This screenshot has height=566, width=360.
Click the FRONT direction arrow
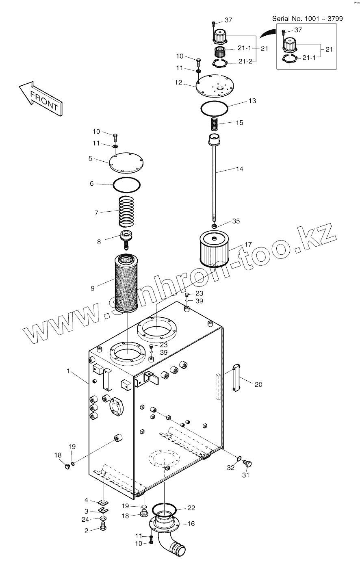coord(41,98)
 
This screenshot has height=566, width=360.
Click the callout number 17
coord(248,245)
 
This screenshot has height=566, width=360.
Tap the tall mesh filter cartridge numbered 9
coord(127,283)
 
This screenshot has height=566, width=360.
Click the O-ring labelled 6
coord(127,185)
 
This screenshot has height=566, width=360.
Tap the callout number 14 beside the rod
coord(239,169)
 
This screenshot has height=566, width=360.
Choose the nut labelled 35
coord(215,226)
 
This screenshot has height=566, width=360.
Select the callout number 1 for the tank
coord(69,371)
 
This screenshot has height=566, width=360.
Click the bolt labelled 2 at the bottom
coord(103,528)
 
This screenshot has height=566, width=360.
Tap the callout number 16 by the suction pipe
coord(191,524)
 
